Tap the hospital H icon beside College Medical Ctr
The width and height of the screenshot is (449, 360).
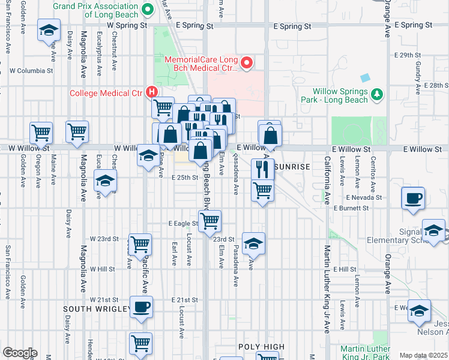(152, 92)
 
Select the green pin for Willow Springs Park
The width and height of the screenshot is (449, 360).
(377, 95)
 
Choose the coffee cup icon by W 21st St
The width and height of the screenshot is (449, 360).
(142, 307)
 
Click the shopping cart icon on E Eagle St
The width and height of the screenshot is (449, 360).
(209, 221)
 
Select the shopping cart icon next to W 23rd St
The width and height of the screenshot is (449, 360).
(140, 244)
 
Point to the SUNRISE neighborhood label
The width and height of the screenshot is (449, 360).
(292, 167)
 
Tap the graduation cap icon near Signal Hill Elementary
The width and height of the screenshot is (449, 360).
(433, 230)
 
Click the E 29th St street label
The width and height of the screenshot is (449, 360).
(412, 55)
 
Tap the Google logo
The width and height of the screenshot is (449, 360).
(20, 353)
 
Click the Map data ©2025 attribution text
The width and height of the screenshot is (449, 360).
(424, 355)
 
